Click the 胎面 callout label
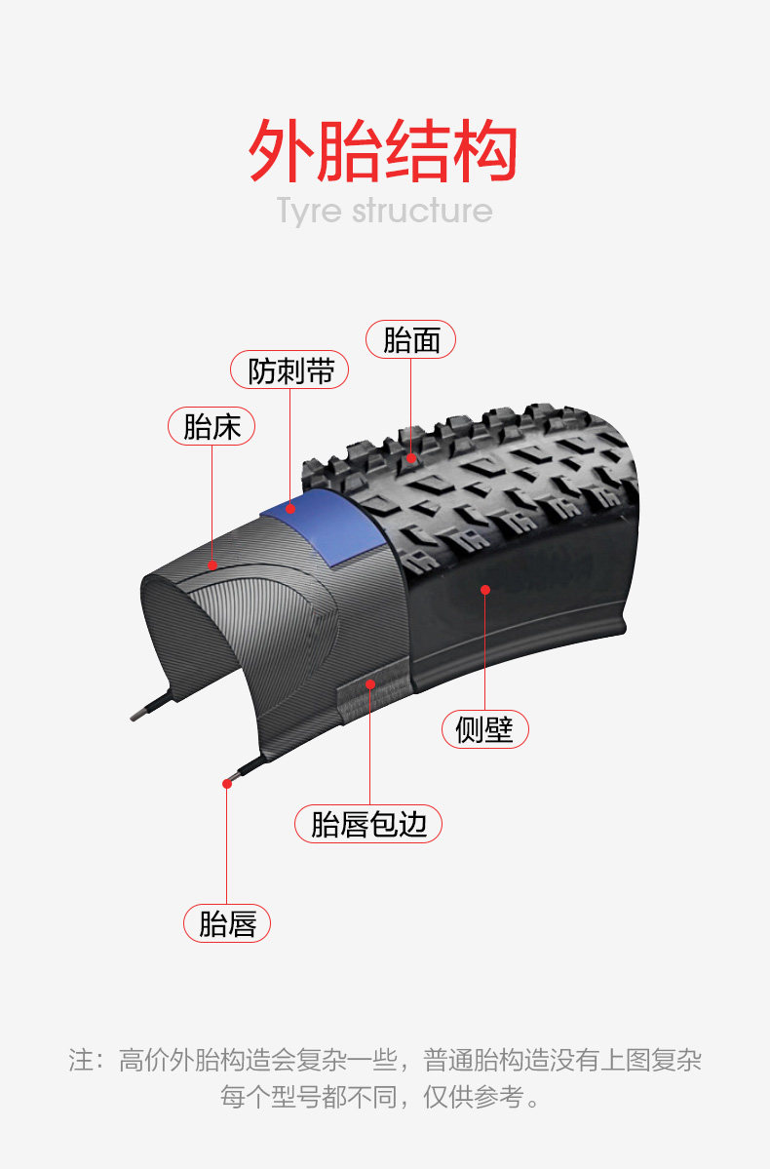410,340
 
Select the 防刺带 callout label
289,370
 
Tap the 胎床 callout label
212,426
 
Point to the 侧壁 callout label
484,729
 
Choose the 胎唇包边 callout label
368,824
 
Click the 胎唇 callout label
226,923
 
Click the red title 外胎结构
383,150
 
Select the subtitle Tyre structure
385,211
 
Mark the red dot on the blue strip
289,509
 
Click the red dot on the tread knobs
410,458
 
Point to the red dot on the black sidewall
485,590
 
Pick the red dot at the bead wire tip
226,784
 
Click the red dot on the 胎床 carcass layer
212,565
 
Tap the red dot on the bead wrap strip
369,683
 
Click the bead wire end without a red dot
134,718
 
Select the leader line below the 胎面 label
410,407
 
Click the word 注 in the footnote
81,1060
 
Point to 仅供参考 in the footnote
473,1097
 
